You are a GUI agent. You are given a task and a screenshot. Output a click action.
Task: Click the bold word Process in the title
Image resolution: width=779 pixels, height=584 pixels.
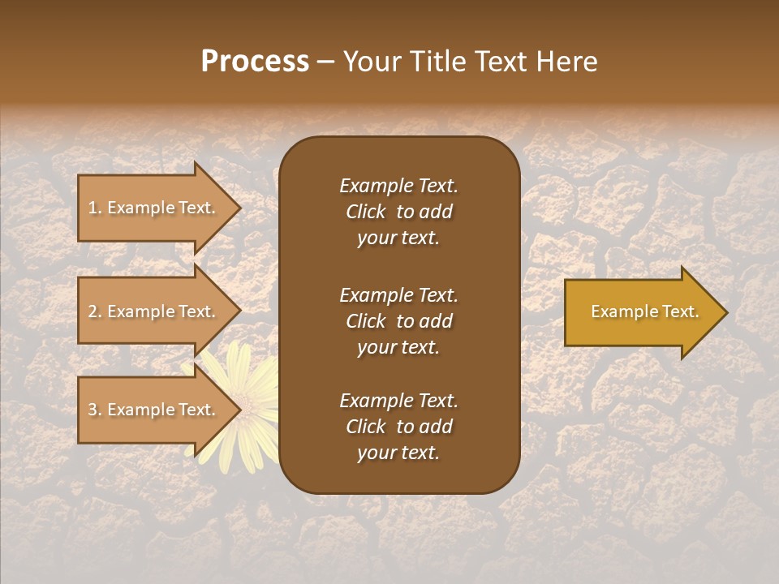(x=255, y=62)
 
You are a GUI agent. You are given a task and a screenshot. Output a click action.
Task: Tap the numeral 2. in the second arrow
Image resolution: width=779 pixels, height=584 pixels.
(x=95, y=311)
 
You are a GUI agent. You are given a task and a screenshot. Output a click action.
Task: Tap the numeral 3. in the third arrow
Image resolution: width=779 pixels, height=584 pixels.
(x=95, y=410)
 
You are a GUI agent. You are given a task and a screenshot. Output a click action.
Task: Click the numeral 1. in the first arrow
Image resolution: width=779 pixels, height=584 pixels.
(x=95, y=208)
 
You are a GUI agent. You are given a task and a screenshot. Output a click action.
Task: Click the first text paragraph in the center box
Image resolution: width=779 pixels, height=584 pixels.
(x=398, y=212)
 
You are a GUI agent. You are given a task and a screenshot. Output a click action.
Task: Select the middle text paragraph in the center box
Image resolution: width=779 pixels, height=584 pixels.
(x=398, y=321)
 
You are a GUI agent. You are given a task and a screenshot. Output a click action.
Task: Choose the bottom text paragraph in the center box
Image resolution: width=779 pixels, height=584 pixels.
(x=398, y=427)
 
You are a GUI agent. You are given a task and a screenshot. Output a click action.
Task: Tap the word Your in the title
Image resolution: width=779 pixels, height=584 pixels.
(x=371, y=62)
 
